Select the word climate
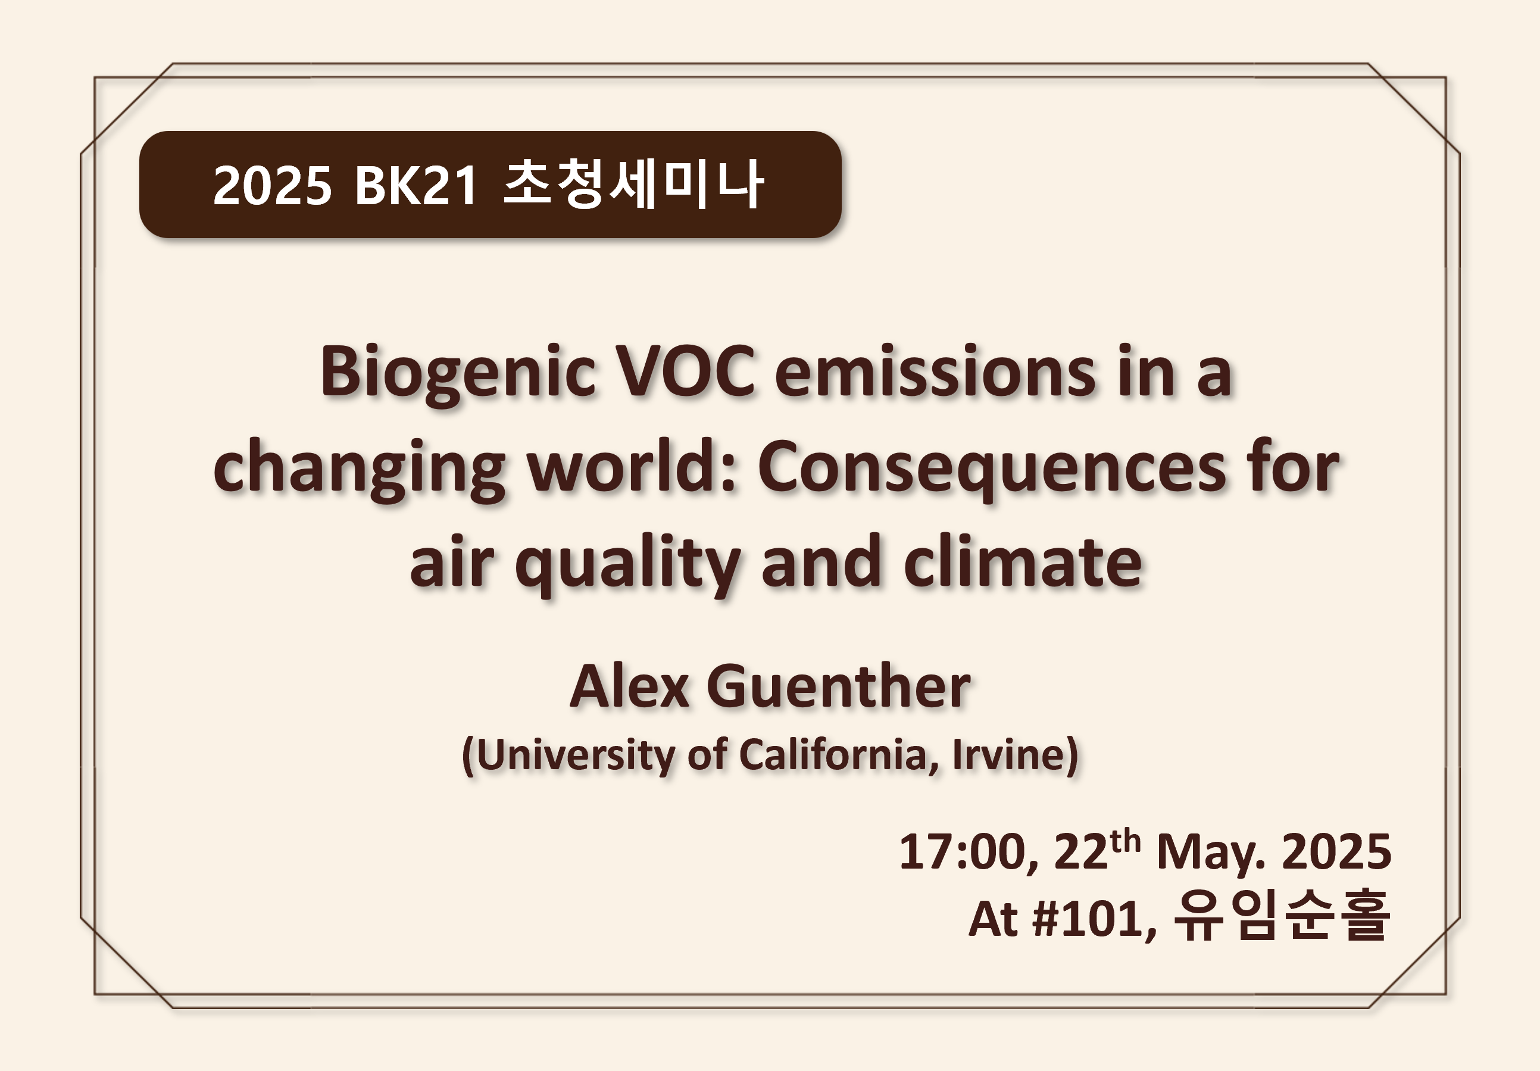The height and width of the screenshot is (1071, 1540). [x=1022, y=561]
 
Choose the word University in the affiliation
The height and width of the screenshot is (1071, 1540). [x=576, y=756]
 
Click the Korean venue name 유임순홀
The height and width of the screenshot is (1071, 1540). [x=1282, y=916]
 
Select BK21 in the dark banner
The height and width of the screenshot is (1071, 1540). [x=416, y=185]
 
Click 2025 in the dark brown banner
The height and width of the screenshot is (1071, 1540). [x=272, y=185]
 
